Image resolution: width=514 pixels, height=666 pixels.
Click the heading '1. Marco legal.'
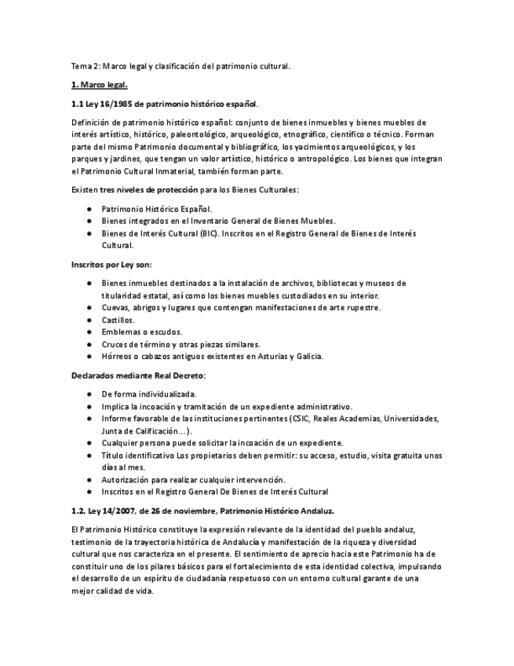click(98, 84)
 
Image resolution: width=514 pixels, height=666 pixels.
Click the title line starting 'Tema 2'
click(180, 66)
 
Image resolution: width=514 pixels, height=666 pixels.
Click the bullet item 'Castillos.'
click(118, 320)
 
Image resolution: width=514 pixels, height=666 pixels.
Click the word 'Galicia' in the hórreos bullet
click(308, 356)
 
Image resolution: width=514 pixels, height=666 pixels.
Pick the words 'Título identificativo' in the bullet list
click(137, 456)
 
